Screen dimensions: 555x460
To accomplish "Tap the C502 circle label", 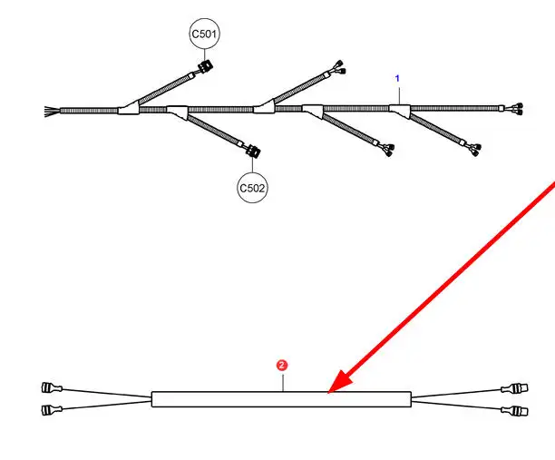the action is pyautogui.click(x=253, y=188).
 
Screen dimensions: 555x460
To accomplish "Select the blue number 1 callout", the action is pyautogui.click(x=396, y=79).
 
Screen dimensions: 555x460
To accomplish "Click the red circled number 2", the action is pyautogui.click(x=282, y=365).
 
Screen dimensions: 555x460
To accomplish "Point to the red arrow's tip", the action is pyautogui.click(x=330, y=392).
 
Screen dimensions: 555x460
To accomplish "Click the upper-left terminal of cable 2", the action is pyautogui.click(x=52, y=388).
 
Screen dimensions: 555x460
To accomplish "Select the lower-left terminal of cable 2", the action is pyautogui.click(x=52, y=410).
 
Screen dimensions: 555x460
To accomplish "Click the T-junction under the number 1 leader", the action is pyautogui.click(x=399, y=110).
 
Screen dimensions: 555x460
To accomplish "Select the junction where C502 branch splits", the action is pyautogui.click(x=179, y=113).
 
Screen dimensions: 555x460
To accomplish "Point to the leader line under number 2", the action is pyautogui.click(x=283, y=381).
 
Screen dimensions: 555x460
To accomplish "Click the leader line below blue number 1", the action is pyautogui.click(x=397, y=94).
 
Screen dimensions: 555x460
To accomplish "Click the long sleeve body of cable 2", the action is pyautogui.click(x=227, y=398).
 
